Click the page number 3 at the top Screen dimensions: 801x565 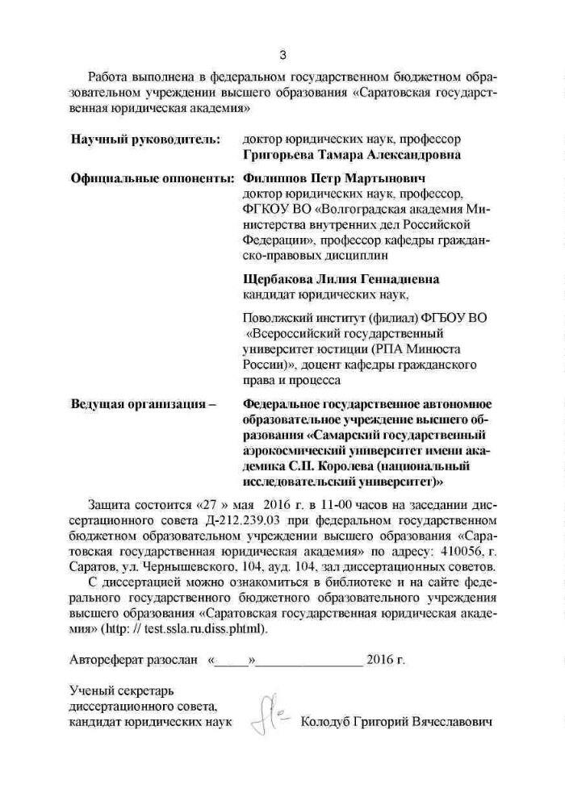click(x=282, y=55)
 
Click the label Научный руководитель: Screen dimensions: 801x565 click(x=145, y=140)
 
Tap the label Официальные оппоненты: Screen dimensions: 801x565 click(x=153, y=177)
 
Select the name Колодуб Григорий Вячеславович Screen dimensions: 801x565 click(x=395, y=720)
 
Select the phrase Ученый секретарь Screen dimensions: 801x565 click(x=121, y=690)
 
